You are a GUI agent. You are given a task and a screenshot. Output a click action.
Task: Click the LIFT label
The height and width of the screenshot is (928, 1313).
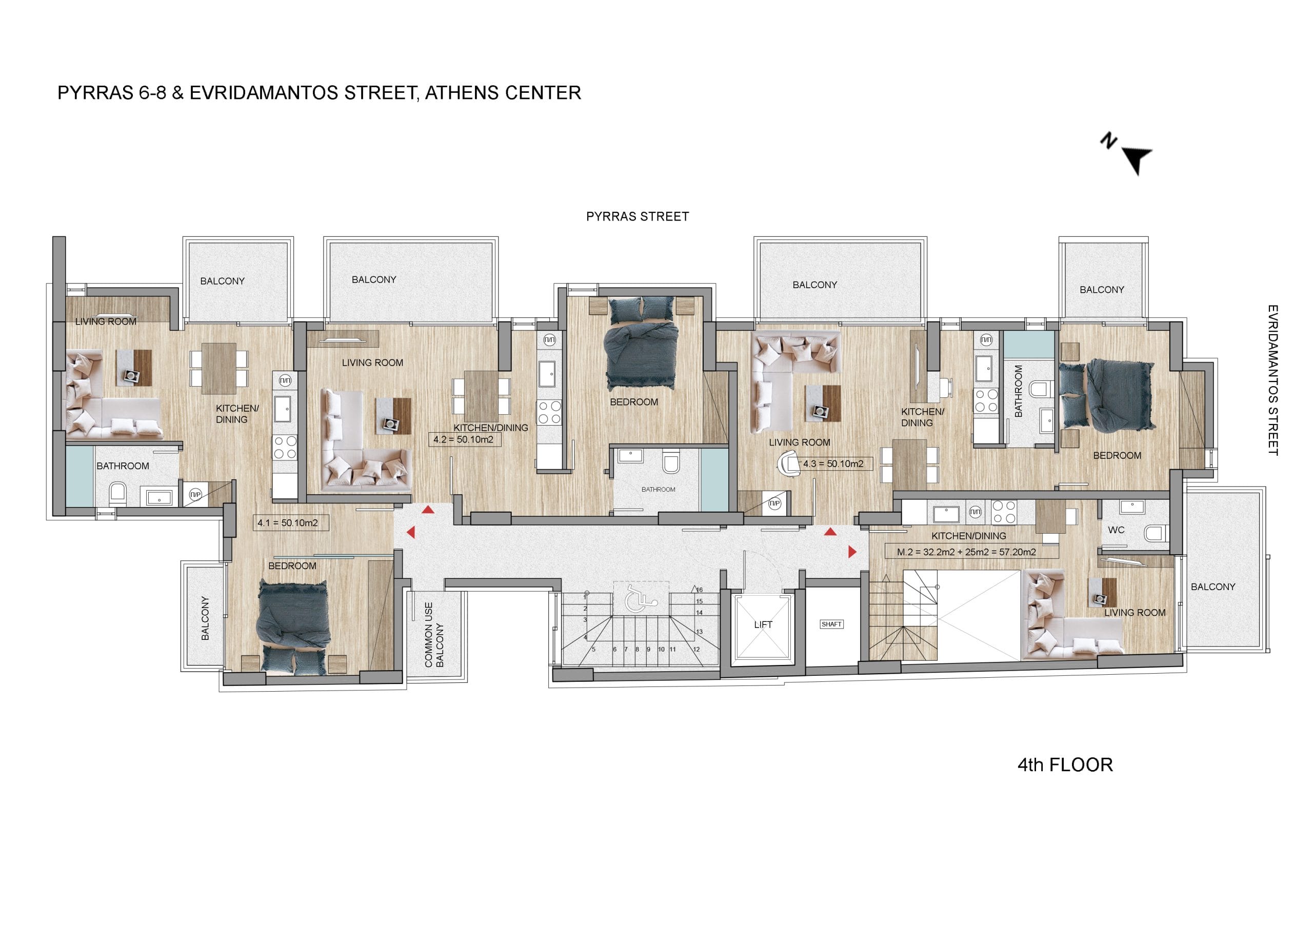coord(763,624)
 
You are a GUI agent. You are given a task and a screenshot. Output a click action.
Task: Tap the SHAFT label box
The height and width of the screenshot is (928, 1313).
coord(831,624)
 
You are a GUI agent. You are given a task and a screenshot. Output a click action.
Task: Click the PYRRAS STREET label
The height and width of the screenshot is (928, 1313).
coord(638,217)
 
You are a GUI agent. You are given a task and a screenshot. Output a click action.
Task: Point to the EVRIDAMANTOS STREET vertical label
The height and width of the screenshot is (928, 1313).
coord(1273,380)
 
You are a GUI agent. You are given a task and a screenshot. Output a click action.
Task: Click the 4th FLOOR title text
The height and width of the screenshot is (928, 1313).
coord(1065,765)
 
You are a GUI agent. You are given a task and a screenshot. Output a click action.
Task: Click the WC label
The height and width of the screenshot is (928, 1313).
coord(1116,530)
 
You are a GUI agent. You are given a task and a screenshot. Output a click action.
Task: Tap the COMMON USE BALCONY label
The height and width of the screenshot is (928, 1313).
coord(434,635)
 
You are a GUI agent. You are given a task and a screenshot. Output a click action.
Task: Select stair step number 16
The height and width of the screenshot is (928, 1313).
coord(700,590)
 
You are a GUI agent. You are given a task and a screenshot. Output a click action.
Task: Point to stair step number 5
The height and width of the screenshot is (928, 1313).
coord(593,650)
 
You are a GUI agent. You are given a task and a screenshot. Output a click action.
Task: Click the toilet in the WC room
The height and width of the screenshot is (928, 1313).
coord(1156,533)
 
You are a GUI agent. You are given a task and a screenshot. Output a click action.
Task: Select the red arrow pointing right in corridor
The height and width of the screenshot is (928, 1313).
coord(852,552)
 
